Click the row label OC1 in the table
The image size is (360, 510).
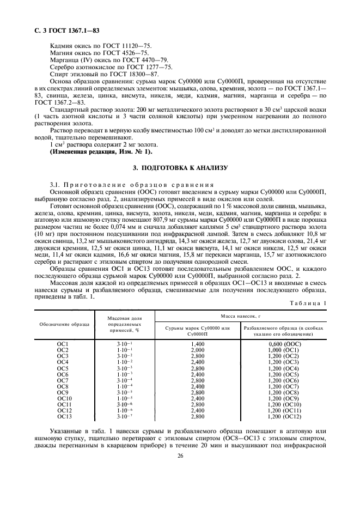point(63,345)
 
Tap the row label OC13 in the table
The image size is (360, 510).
point(64,417)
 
